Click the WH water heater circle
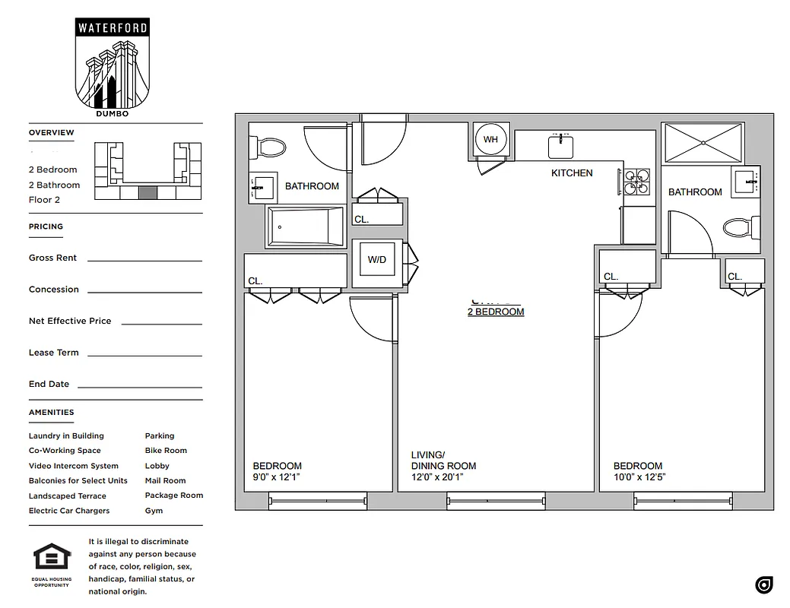(490, 139)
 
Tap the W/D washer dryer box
(377, 260)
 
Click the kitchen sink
(561, 145)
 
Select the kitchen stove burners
(637, 182)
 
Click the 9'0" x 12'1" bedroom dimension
(277, 477)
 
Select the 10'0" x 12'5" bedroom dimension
(640, 477)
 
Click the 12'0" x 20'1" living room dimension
(437, 477)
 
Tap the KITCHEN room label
(572, 173)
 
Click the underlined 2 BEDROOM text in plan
(496, 312)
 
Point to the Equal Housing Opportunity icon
(52, 562)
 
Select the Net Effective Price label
(70, 321)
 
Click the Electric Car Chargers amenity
(69, 511)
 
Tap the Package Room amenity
(174, 496)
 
